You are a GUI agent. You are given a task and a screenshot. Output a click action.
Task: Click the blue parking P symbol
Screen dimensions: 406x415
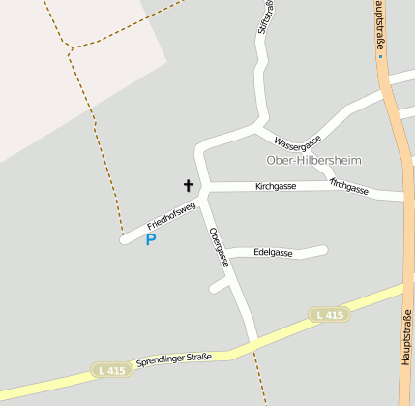pyautogui.click(x=151, y=239)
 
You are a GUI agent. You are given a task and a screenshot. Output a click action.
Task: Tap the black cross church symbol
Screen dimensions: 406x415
pyautogui.click(x=189, y=184)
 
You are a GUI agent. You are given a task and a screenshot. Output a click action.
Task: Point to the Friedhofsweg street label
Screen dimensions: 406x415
pyautogui.click(x=171, y=216)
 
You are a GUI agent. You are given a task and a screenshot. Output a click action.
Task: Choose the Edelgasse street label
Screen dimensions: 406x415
pyautogui.click(x=273, y=252)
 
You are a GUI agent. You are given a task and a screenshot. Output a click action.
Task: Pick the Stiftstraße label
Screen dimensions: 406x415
pyautogui.click(x=263, y=17)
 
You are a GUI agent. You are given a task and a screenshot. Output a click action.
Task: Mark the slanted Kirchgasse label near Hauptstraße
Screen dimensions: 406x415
pyautogui.click(x=349, y=185)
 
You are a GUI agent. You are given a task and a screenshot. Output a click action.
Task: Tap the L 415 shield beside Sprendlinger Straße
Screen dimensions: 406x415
pyautogui.click(x=110, y=370)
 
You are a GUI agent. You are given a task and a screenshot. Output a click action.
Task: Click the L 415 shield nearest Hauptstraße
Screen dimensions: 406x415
pyautogui.click(x=329, y=315)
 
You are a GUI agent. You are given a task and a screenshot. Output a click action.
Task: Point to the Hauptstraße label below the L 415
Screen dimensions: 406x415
pyautogui.click(x=405, y=335)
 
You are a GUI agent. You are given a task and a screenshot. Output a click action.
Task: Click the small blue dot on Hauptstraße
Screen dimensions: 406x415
pyautogui.click(x=380, y=56)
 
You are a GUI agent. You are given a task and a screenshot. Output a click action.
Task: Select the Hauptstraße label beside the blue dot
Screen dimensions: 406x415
pyautogui.click(x=380, y=26)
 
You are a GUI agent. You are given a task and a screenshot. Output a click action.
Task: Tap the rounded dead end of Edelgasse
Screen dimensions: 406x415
pyautogui.click(x=323, y=250)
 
